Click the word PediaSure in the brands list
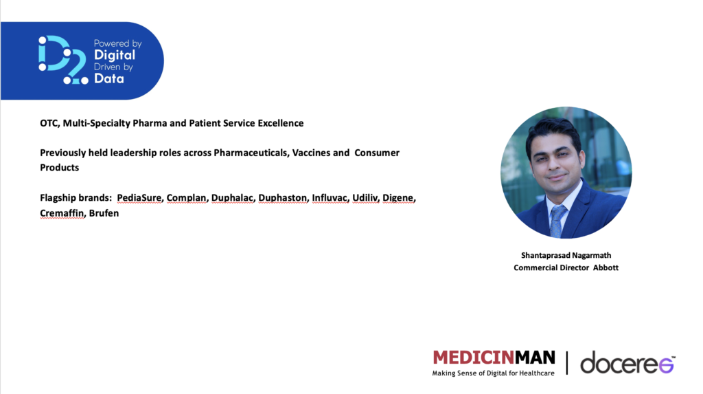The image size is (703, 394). [139, 198]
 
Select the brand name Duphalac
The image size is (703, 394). [232, 198]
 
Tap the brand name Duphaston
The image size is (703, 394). [282, 198]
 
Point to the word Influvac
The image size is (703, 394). [330, 198]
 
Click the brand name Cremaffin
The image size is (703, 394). [62, 213]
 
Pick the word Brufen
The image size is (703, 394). [104, 213]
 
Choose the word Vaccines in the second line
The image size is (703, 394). [311, 153]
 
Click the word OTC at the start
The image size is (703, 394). [49, 123]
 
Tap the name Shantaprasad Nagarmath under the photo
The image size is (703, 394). [566, 255]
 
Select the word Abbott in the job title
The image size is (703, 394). [606, 267]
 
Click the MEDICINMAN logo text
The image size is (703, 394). [494, 358]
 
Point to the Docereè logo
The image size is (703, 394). [627, 362]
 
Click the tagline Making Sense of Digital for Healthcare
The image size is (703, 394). [493, 373]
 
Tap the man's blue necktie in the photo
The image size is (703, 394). [557, 221]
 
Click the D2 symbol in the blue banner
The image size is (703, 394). [63, 60]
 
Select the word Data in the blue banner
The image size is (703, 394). [109, 78]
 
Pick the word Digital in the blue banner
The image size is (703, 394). [115, 55]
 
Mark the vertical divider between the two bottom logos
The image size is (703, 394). [566, 362]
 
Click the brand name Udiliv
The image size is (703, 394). [365, 198]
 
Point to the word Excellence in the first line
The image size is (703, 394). [280, 123]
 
